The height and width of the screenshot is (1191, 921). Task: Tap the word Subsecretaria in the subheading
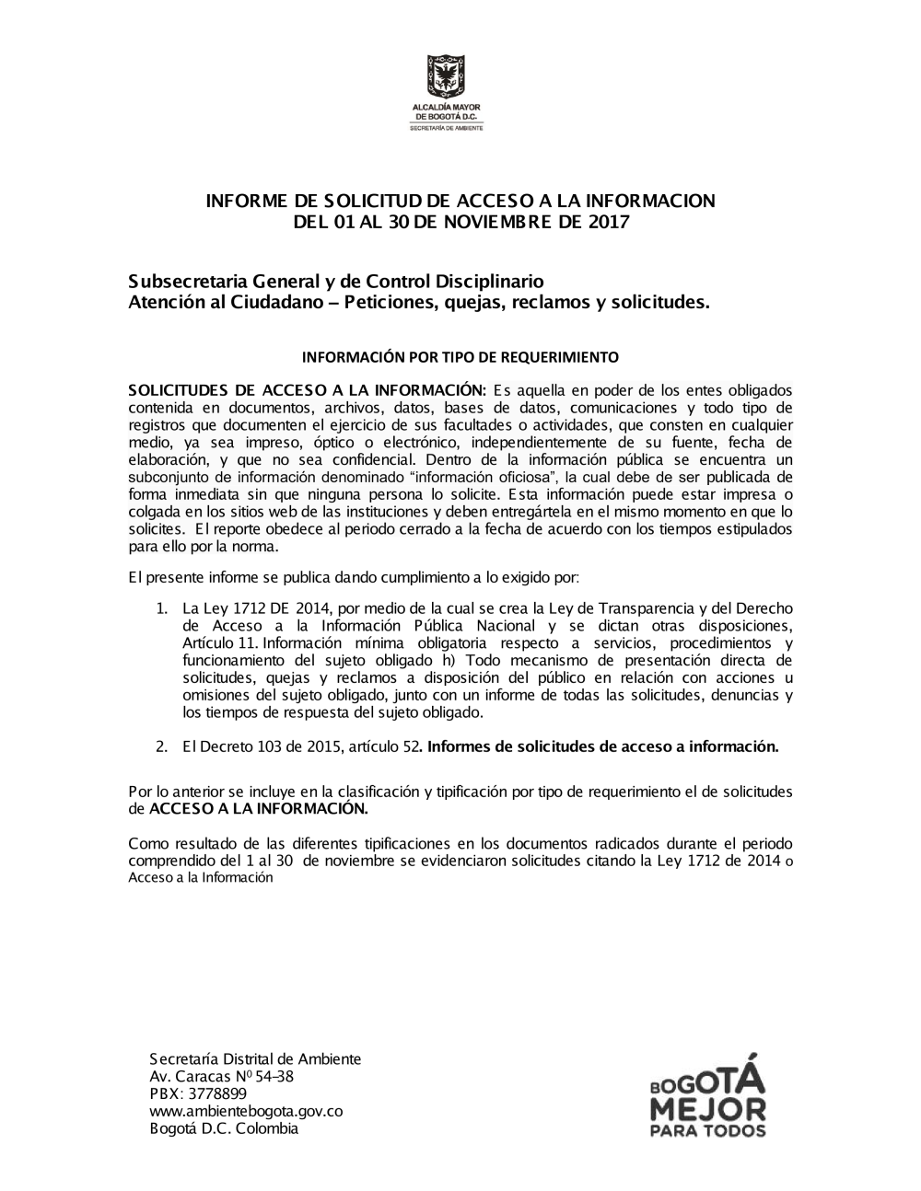tap(187, 281)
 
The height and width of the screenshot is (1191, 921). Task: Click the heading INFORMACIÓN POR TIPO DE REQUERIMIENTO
tap(460, 356)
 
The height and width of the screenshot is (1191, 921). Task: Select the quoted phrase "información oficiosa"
tap(487, 478)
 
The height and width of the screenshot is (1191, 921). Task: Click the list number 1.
tap(160, 608)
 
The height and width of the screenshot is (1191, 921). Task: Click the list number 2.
tap(160, 746)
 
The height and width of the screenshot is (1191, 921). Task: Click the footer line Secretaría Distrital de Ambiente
tap(254, 1058)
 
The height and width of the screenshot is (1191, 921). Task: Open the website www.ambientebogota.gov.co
tap(245, 1111)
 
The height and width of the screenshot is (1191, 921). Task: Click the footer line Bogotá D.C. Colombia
tap(224, 1128)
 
